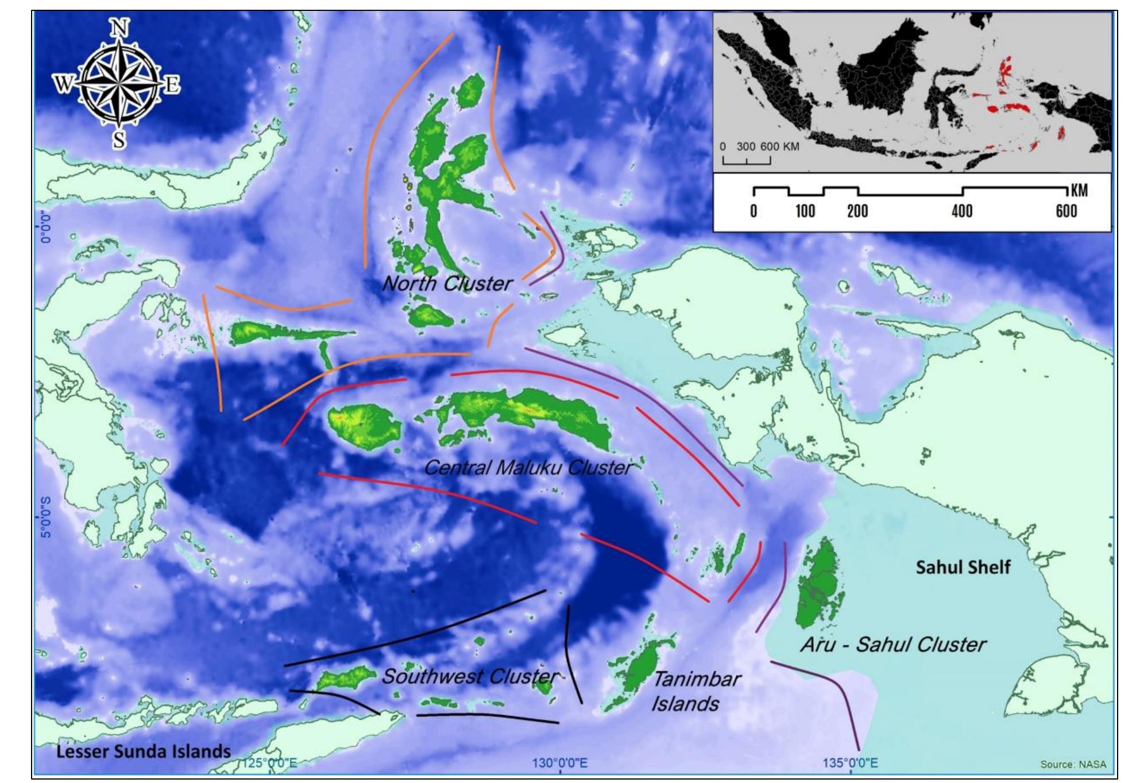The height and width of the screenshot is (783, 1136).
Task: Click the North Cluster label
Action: pyautogui.click(x=447, y=283)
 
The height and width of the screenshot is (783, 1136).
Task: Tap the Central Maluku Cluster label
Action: pyautogui.click(x=528, y=468)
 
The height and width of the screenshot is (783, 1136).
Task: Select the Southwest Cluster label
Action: pyautogui.click(x=470, y=676)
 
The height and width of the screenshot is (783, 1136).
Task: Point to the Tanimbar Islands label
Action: pyautogui.click(x=695, y=692)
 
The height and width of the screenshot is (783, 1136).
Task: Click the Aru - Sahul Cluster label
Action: pyautogui.click(x=893, y=645)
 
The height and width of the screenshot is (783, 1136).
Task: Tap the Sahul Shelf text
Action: pyautogui.click(x=963, y=568)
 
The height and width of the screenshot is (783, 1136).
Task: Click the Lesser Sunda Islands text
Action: pyautogui.click(x=143, y=751)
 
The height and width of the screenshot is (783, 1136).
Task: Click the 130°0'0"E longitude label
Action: pyautogui.click(x=559, y=763)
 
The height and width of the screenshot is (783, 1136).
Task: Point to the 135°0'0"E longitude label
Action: pyautogui.click(x=850, y=763)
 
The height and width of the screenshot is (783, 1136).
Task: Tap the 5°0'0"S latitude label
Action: pyautogui.click(x=46, y=518)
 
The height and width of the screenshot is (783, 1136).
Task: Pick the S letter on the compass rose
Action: pyautogui.click(x=119, y=139)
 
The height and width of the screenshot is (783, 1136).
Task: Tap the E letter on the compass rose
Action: pyautogui.click(x=172, y=85)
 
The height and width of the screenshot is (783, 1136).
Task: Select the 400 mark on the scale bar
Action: pyautogui.click(x=962, y=211)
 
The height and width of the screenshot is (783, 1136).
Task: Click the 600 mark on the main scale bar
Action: pyautogui.click(x=1066, y=211)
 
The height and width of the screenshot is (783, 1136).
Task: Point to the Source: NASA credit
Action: pyautogui.click(x=1072, y=765)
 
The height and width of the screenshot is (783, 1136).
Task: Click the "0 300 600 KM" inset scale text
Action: pyautogui.click(x=760, y=146)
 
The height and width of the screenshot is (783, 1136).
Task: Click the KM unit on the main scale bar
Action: pyautogui.click(x=1079, y=191)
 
